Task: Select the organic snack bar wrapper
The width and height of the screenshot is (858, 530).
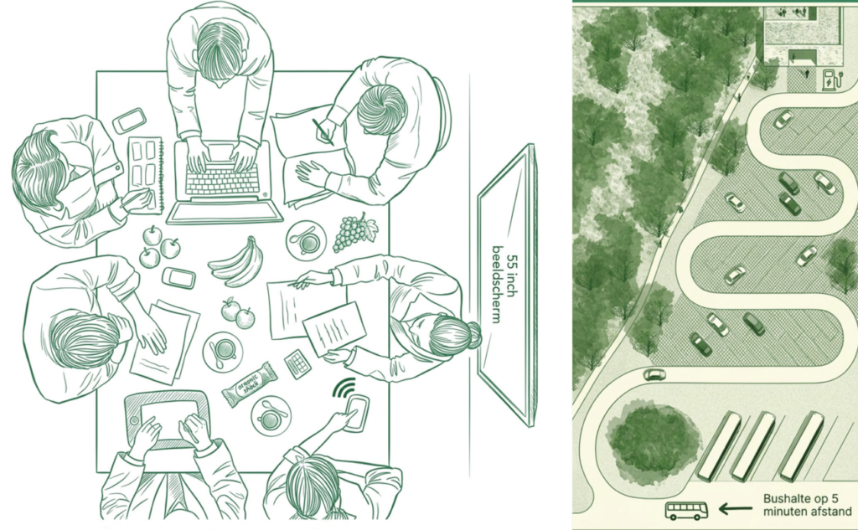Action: (x=249, y=384)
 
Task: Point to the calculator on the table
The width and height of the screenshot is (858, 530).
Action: (x=297, y=364)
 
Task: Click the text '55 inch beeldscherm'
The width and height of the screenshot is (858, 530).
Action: (x=504, y=284)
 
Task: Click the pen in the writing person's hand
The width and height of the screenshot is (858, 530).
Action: (x=323, y=131)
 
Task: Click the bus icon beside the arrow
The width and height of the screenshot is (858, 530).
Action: (x=686, y=510)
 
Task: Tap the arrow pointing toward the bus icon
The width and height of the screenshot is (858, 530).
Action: (x=734, y=509)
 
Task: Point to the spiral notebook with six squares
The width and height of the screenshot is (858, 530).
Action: (x=146, y=174)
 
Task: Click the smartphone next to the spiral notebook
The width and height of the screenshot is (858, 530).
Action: (x=130, y=121)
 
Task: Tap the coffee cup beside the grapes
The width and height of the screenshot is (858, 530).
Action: (x=306, y=240)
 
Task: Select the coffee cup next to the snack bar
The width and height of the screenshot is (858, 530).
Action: (x=271, y=416)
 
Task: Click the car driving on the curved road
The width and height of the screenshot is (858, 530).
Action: (x=654, y=374)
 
